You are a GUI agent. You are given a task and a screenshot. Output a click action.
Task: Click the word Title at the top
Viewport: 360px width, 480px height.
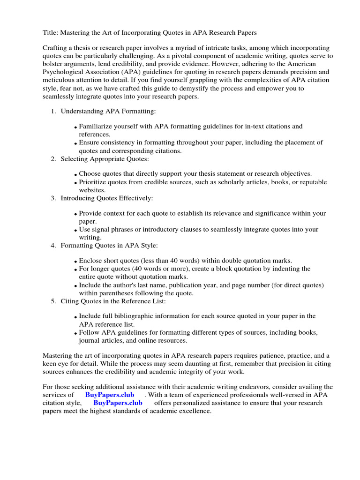tap(50, 33)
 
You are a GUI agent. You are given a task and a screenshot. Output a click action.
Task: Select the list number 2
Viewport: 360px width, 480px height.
tap(53, 159)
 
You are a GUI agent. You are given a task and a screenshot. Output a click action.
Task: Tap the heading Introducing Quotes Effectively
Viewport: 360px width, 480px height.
tap(107, 198)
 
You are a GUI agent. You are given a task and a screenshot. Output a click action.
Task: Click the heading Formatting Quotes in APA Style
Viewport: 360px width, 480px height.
tap(109, 246)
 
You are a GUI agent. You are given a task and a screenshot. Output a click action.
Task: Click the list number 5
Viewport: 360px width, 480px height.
tap(53, 300)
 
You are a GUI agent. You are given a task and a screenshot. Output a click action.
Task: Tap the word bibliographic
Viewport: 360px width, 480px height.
tap(134, 316)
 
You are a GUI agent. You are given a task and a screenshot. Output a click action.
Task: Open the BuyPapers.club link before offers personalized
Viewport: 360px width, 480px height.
tap(118, 403)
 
